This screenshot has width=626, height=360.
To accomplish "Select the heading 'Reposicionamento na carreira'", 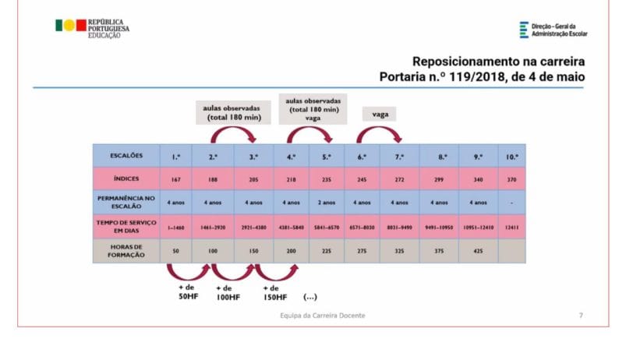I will click(500, 62).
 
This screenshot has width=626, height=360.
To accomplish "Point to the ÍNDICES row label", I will click(126, 179).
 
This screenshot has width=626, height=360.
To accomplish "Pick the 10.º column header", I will click(511, 156).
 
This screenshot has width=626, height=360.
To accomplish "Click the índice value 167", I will click(176, 180).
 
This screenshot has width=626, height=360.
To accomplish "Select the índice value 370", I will click(511, 180).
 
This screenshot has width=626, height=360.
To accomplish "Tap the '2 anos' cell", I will click(327, 203).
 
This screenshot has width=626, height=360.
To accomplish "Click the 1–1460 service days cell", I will click(176, 228).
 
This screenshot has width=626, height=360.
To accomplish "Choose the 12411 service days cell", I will click(511, 228).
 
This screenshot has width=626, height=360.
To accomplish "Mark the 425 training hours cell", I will click(478, 252).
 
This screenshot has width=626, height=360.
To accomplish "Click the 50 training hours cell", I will click(176, 252).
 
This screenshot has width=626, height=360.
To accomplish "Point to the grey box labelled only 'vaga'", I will click(380, 114).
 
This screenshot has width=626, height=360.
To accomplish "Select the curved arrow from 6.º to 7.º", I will click(380, 133).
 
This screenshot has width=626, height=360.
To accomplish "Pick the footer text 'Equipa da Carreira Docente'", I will click(322, 315).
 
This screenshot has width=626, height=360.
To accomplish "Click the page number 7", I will click(580, 315).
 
